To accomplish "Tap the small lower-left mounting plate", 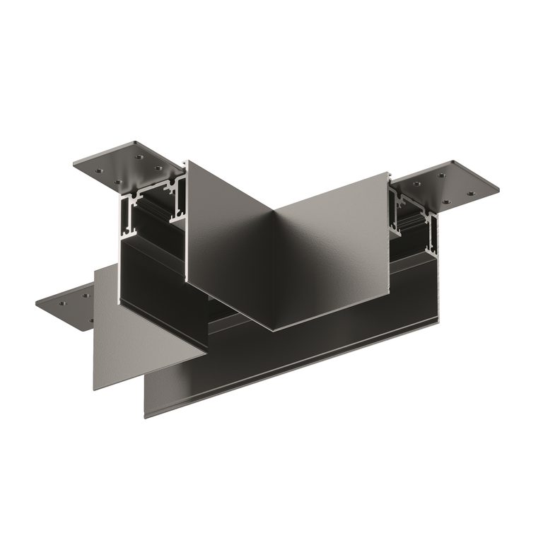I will pos(67,304).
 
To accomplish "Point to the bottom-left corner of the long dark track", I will pos(146,416).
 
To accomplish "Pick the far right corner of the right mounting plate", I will pos(498,189).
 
